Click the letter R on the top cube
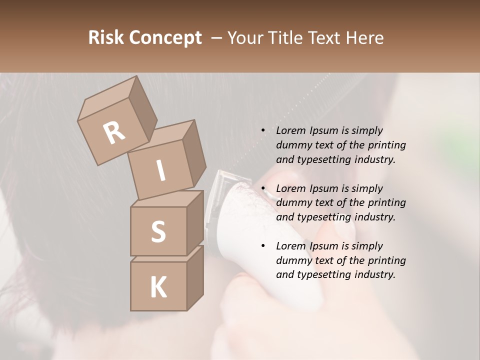click(114, 133)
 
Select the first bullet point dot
click(263, 131)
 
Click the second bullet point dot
click(263, 189)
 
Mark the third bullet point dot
click(263, 246)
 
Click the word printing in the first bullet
click(386, 145)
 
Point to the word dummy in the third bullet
click(291, 260)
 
